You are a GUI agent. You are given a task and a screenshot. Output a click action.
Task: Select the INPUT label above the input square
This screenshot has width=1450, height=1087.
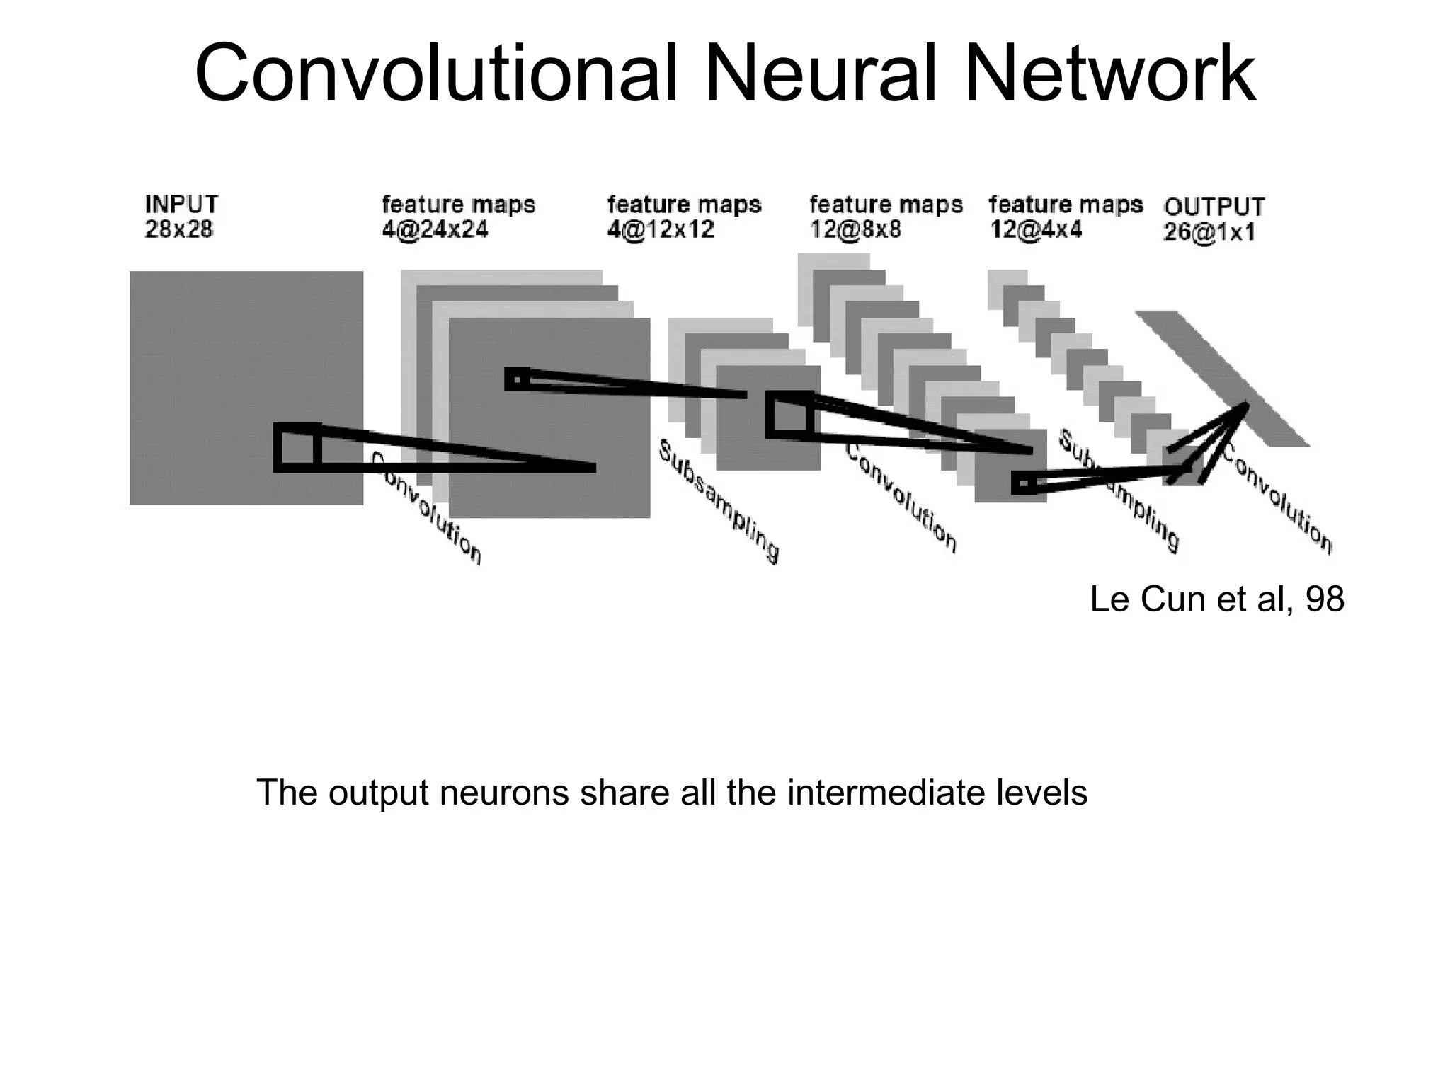point(181,204)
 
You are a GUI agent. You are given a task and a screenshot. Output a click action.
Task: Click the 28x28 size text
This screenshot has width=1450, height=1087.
point(178,229)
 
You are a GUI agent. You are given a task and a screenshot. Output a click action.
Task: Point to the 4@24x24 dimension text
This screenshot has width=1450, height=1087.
point(435,229)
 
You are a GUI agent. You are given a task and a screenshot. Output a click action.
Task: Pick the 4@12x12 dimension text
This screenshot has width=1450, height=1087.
point(661,229)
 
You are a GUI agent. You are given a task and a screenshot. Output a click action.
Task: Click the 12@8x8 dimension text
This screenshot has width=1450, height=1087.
point(855,229)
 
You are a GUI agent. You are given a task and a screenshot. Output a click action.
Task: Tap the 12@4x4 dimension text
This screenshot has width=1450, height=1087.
point(1036,229)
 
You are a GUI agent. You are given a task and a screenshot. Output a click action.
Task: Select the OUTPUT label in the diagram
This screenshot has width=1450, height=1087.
point(1214,207)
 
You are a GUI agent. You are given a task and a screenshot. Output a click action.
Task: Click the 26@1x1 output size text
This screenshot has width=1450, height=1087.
point(1209,232)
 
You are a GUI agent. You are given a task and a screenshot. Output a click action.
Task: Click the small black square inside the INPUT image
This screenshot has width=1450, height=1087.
point(297,447)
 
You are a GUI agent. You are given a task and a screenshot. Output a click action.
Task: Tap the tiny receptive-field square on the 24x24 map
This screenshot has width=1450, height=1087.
point(517,379)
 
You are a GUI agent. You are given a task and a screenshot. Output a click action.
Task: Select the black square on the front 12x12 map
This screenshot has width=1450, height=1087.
point(789,415)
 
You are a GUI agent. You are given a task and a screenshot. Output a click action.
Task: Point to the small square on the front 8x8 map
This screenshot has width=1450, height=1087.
point(1024,483)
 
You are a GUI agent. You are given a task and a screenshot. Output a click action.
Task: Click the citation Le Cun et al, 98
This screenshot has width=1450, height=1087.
point(1216,599)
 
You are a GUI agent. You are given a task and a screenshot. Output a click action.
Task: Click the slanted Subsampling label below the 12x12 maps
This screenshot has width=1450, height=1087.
point(718,501)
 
